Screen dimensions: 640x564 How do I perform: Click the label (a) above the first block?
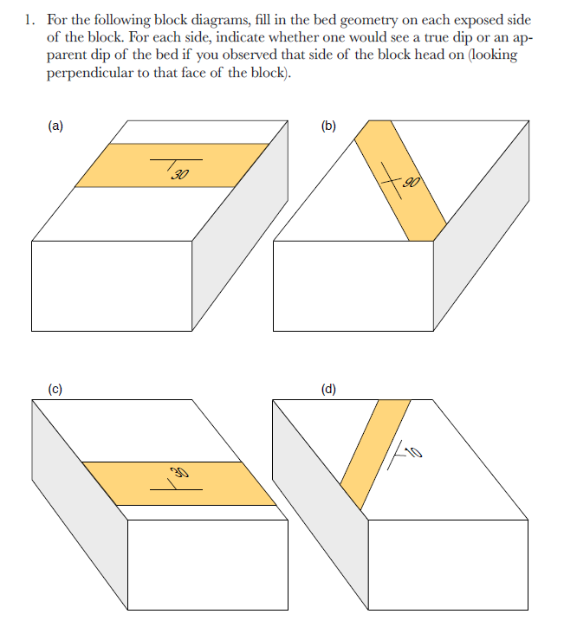point(55,126)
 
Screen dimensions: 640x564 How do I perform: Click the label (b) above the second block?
point(328,126)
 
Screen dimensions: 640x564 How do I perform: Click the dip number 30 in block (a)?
point(180,176)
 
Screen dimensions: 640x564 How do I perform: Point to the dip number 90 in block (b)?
point(411,183)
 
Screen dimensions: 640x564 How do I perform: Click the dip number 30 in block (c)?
point(179,473)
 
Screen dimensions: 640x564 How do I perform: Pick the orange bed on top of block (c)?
point(234,485)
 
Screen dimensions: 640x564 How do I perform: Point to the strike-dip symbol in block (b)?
point(394,182)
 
